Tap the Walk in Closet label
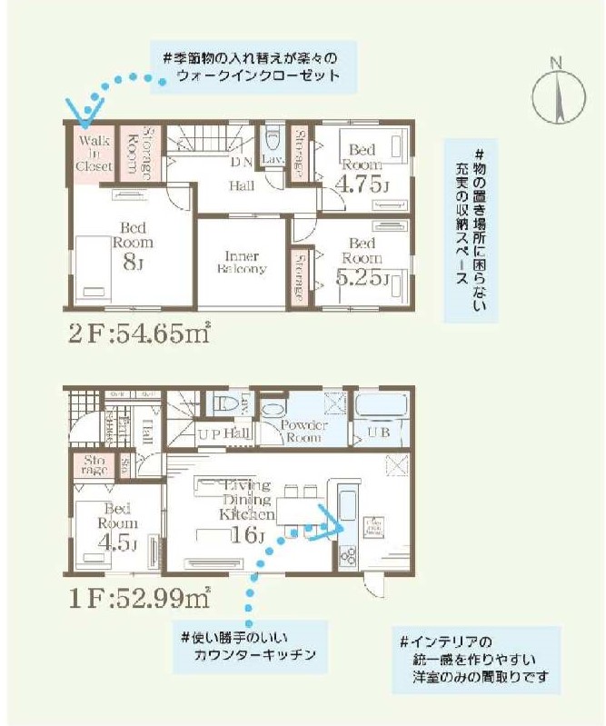94,154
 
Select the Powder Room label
303,431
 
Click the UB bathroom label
378,433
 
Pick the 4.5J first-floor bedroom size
119,545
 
